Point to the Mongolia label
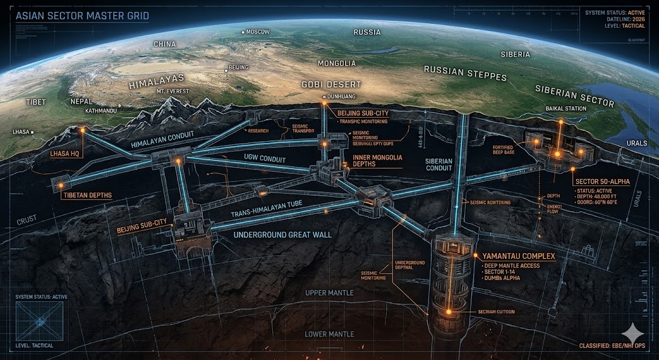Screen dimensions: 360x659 point(337,63)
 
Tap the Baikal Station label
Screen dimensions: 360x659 point(566,108)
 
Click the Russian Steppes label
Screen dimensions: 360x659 point(465,73)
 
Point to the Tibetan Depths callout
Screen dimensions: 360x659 point(88,195)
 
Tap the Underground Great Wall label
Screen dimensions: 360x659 point(283,234)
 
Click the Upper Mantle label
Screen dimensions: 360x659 point(329,293)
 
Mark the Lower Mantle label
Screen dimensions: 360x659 point(329,334)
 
